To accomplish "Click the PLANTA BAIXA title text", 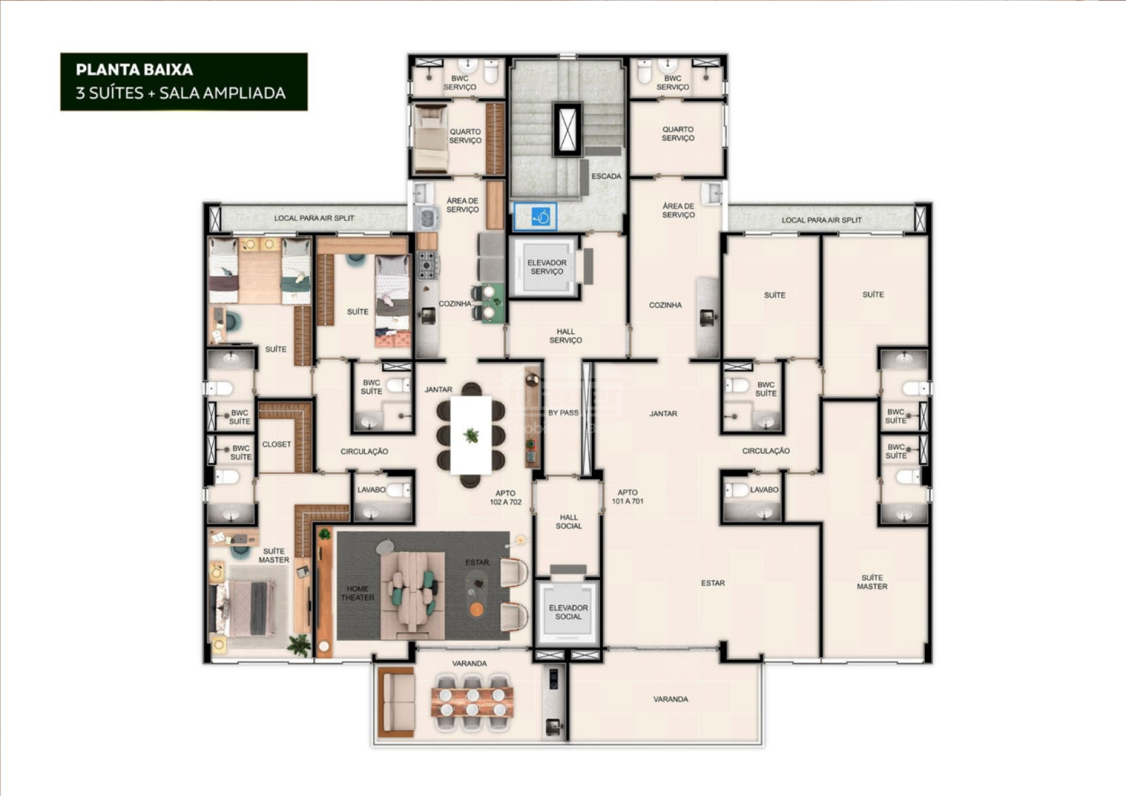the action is click(x=134, y=70).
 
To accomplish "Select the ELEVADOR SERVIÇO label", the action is click(x=547, y=267).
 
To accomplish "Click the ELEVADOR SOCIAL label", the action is click(x=568, y=612).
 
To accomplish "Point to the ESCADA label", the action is click(x=606, y=176).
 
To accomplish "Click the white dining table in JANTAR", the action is click(x=471, y=435).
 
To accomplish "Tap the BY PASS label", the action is click(x=563, y=412).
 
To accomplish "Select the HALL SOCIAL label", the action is click(x=569, y=521).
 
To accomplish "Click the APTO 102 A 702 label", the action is click(x=506, y=497).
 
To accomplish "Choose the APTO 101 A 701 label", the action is click(x=628, y=497).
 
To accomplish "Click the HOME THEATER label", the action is click(x=357, y=593).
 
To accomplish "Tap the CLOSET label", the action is click(x=276, y=444).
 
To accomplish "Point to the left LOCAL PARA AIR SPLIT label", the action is click(x=314, y=218).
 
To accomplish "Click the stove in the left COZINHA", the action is click(x=428, y=265).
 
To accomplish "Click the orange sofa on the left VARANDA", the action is click(x=396, y=702).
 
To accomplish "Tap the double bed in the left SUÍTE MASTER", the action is click(x=245, y=608).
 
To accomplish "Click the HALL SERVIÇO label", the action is click(x=565, y=336).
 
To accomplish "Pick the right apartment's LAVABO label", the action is click(x=764, y=489).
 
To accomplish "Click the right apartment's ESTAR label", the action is click(x=713, y=583).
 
